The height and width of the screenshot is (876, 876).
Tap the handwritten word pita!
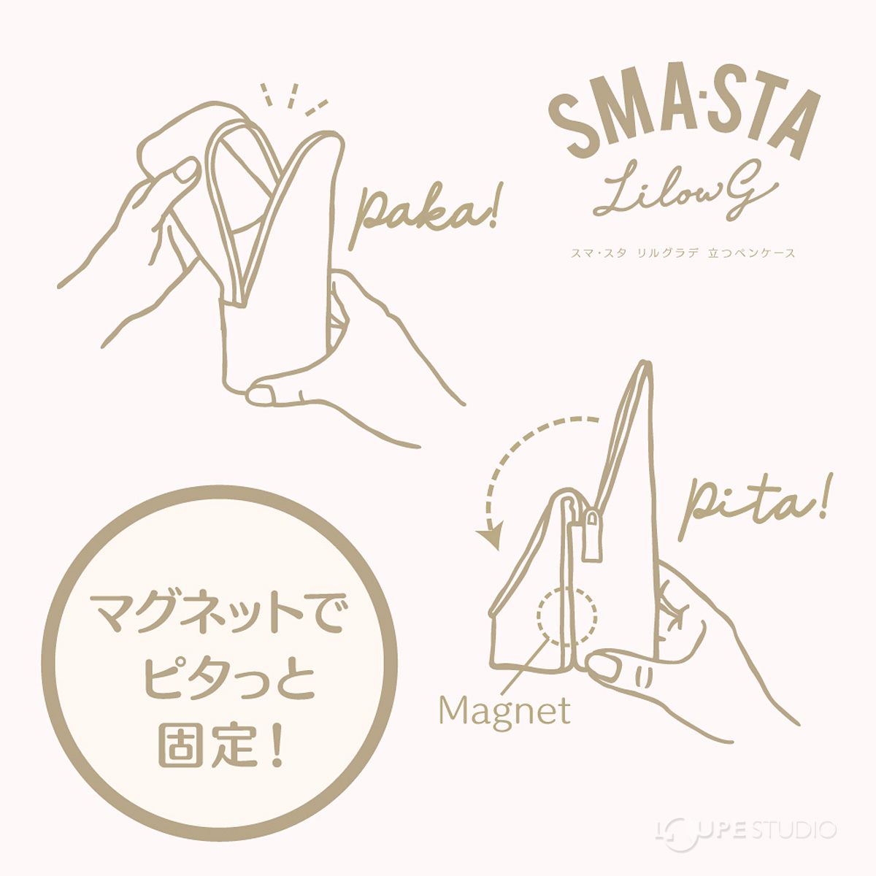click(752, 504)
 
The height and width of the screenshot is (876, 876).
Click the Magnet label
click(504, 710)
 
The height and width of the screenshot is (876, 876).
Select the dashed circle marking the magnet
click(567, 614)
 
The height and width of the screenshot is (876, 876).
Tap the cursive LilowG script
click(683, 191)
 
